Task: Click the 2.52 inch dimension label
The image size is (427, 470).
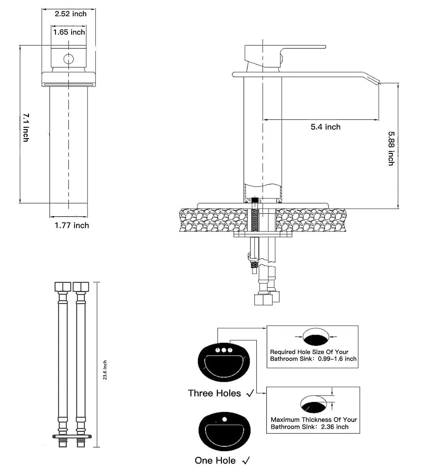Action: coord(71,14)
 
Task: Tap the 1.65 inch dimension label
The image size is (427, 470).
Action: coord(69,32)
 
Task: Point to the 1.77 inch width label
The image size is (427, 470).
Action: coord(71,225)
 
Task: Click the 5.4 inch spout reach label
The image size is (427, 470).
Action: coord(325,127)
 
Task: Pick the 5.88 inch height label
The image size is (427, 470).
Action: coord(391,148)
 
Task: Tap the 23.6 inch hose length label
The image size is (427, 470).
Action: coord(105,370)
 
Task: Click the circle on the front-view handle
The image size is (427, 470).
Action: coord(69,59)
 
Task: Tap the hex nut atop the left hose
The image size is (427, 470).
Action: coord(63,287)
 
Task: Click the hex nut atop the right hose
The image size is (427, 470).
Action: coord(81,287)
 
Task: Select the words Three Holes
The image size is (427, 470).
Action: coord(214,393)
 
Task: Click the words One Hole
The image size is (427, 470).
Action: coord(215,460)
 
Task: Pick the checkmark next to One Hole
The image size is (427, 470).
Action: coord(246,461)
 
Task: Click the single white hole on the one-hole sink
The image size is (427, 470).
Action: coord(225,419)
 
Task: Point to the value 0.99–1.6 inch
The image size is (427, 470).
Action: coord(337,359)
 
